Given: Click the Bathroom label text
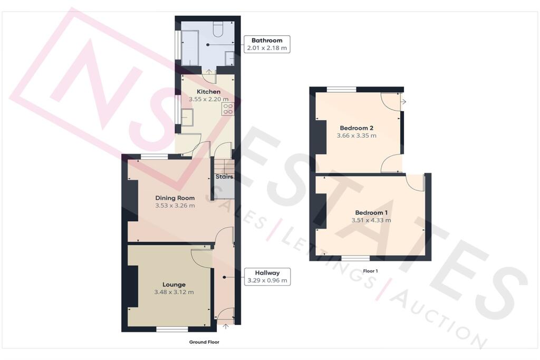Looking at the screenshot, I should coord(267,40).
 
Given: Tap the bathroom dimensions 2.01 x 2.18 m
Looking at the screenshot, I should coord(267,48).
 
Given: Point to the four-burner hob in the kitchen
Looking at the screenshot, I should coord(228,109).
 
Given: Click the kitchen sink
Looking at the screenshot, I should coord(187,116).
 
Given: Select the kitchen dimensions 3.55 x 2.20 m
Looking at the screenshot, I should coord(209,99).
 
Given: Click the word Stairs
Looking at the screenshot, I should coord(224,177).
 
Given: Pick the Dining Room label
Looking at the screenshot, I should coord(175,198).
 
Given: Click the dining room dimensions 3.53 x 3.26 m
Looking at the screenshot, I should coord(175,206).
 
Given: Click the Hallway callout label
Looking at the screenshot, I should coord(267,273).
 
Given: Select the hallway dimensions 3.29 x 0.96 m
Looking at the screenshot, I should coord(267,280).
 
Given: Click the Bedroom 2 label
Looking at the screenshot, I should coord(356,128).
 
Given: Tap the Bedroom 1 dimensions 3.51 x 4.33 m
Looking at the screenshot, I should coord(371,220).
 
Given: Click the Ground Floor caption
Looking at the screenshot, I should coord(204,342).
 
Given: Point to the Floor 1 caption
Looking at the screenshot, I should coord(371,271).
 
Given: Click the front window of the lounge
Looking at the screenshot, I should coord(172,329).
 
